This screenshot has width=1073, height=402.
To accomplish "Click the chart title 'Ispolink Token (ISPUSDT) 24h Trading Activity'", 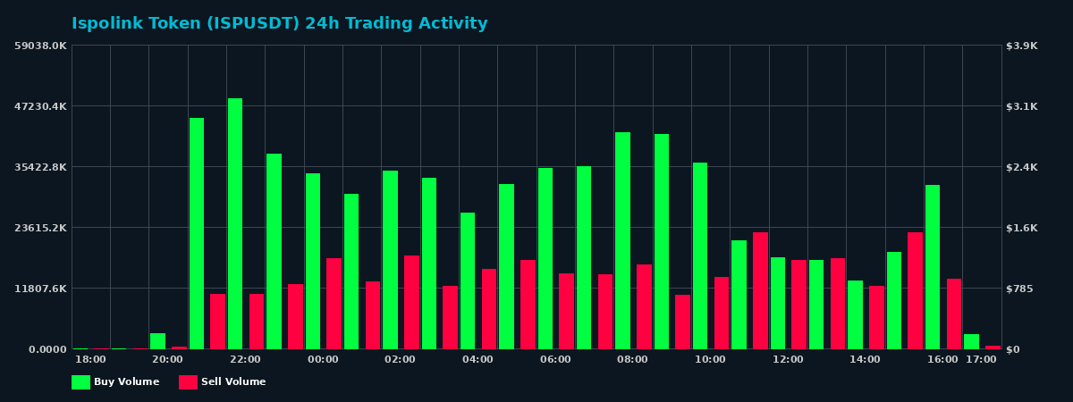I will [279, 24].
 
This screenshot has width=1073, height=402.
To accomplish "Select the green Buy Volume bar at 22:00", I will [235, 223].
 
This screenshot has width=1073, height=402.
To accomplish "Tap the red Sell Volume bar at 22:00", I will [257, 322].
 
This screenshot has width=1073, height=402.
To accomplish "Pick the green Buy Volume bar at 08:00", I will [622, 240].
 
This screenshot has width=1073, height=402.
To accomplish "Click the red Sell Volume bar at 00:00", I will [334, 304].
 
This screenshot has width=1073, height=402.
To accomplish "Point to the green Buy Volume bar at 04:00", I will [468, 281].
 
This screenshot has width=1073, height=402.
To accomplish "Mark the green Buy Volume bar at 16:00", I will [933, 267].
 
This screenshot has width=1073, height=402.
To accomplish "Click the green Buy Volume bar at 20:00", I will [157, 341].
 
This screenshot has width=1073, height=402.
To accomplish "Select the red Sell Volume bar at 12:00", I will [798, 305].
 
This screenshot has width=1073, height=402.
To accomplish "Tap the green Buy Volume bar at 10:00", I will [700, 255].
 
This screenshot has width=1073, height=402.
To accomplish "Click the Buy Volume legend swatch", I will [80, 382].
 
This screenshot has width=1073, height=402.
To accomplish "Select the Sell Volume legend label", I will [233, 382].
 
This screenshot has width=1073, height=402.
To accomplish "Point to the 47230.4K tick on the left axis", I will [40, 106].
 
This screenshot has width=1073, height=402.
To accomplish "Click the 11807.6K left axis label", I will [40, 289].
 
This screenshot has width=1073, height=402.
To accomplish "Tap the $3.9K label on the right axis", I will [1022, 46].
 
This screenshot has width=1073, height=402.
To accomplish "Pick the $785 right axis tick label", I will [1020, 289].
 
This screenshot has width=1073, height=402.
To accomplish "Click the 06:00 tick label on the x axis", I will [555, 359].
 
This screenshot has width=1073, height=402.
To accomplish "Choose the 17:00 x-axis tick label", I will [981, 359].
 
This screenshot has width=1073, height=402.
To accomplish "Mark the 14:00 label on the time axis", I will [865, 359].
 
